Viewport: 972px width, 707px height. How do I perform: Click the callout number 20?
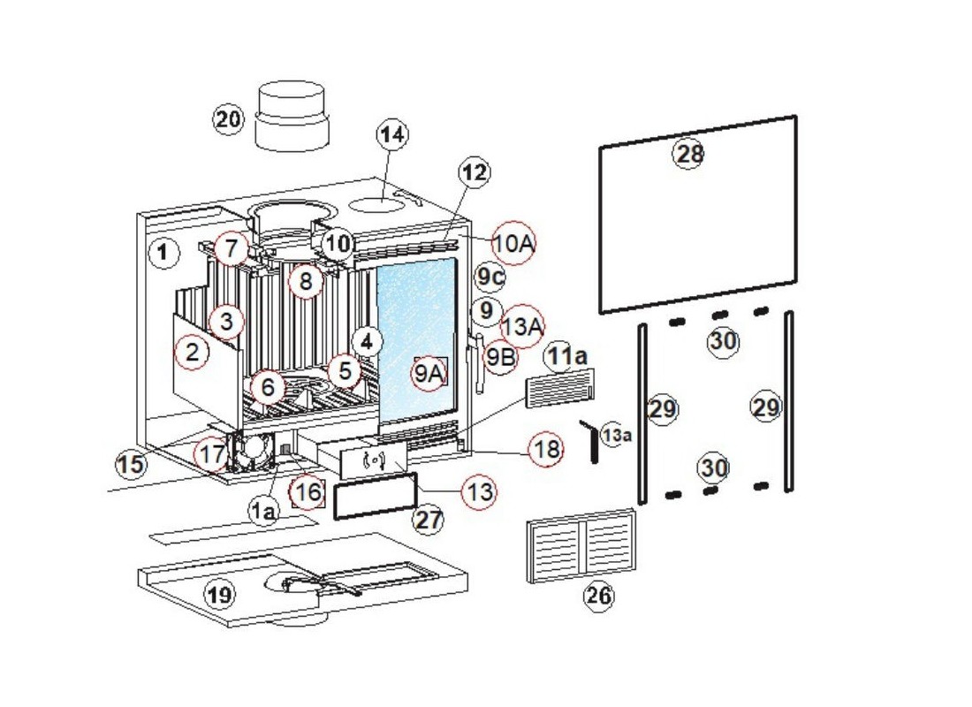click(228, 118)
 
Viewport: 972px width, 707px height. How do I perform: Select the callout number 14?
click(392, 135)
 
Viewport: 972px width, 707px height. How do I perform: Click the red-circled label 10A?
click(514, 243)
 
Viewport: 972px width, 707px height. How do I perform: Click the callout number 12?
click(475, 172)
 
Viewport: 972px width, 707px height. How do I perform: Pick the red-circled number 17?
click(210, 454)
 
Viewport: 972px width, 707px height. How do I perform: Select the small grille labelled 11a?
click(560, 388)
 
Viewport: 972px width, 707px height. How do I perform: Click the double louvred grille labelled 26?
click(581, 547)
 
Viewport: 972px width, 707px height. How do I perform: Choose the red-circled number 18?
click(546, 449)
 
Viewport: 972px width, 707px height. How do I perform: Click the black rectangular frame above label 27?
click(374, 497)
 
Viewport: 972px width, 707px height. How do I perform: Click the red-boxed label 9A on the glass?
click(429, 374)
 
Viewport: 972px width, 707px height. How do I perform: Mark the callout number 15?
click(131, 463)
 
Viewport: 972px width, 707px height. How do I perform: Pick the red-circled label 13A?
click(522, 326)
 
